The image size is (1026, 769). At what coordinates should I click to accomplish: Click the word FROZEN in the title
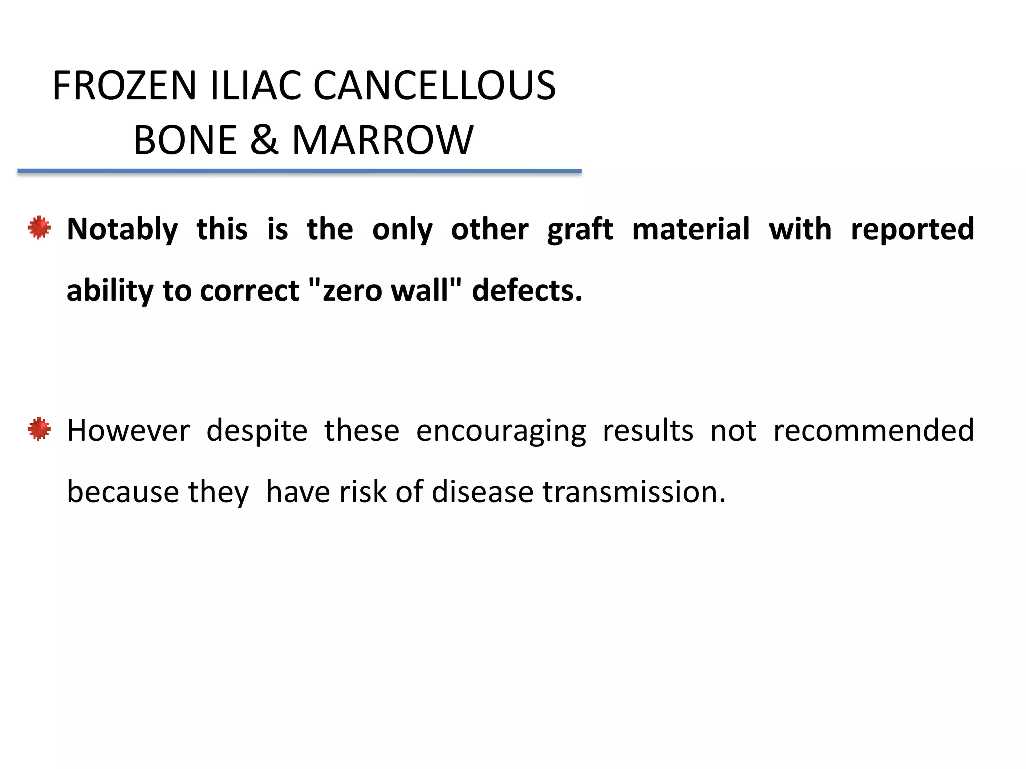[x=124, y=86]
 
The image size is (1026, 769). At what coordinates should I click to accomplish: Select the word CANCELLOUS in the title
[x=434, y=86]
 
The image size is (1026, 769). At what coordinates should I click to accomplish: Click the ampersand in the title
[x=264, y=140]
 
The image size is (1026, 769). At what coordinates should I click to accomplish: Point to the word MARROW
[x=382, y=140]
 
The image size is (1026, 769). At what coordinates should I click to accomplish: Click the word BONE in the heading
[x=185, y=140]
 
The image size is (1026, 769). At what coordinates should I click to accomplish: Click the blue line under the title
[x=299, y=171]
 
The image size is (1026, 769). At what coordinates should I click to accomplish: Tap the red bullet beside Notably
[x=39, y=228]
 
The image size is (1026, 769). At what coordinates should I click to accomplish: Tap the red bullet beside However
[x=39, y=429]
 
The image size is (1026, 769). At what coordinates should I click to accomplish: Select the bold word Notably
[x=122, y=229]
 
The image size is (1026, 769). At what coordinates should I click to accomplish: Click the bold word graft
[x=580, y=229]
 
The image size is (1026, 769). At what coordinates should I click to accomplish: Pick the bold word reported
[x=912, y=229]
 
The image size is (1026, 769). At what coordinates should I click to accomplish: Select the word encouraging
[x=501, y=431]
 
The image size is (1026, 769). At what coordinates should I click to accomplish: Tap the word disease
[x=482, y=492]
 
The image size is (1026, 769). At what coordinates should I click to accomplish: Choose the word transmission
[x=634, y=492]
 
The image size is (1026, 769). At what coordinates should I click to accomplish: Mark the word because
[x=122, y=492]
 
